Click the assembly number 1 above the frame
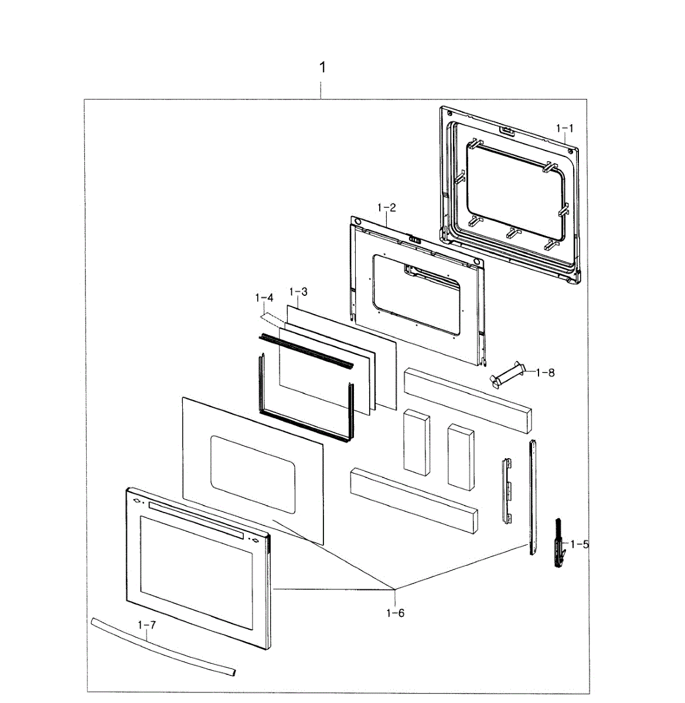tap(322, 67)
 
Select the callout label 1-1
tap(565, 128)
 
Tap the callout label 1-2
tap(387, 207)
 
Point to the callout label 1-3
tap(298, 292)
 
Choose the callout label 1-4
tap(264, 298)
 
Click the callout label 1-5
tap(580, 544)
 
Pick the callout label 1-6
tap(395, 613)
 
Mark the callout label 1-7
tap(146, 625)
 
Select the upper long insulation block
tap(467, 400)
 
